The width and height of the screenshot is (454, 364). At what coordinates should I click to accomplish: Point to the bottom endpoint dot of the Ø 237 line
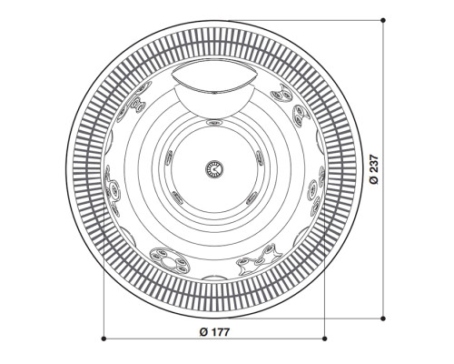(383, 318)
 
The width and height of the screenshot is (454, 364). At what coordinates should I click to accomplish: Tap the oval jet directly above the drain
(214, 122)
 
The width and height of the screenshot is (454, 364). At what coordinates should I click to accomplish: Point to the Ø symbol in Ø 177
(202, 330)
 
